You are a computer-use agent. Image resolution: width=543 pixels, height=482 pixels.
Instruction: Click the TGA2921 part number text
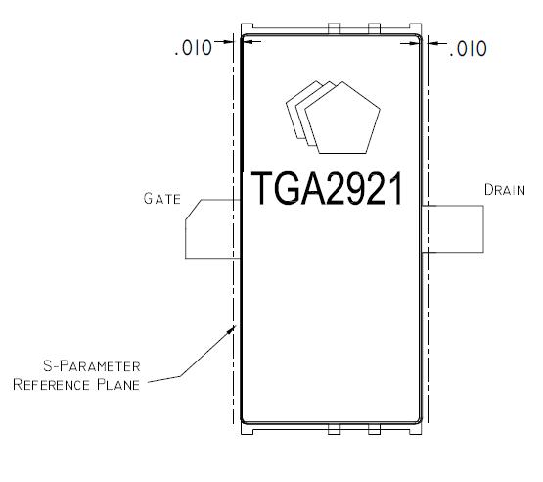327,188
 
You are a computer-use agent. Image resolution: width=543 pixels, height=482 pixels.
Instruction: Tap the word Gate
162,199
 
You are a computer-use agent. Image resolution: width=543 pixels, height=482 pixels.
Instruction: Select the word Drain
505,190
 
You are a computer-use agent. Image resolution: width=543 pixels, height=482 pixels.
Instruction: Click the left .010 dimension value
194,48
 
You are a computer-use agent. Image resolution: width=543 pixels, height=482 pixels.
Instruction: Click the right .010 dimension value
469,49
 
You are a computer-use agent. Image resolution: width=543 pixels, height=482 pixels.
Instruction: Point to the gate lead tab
212,229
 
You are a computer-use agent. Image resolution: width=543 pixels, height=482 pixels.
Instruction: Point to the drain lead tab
452,229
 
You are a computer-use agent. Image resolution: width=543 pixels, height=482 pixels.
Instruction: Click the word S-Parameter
92,366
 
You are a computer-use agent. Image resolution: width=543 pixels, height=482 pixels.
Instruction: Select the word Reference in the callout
51,385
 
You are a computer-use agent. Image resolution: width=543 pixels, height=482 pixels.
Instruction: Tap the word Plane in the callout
118,385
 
